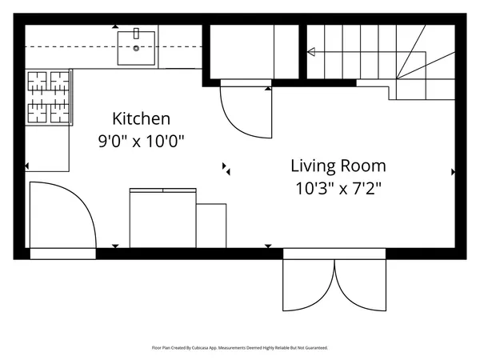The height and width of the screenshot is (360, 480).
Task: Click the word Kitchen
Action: point(141,118)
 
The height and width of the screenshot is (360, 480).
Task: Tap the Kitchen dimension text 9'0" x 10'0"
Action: point(141,141)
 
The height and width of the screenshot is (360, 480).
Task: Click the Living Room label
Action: point(338,166)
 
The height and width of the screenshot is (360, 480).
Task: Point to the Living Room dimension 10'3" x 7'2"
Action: point(338,188)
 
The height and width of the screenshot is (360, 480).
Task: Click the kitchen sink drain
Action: point(136,48)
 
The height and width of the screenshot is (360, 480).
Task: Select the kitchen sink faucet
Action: point(136,34)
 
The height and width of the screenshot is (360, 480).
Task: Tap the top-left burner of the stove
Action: point(38,81)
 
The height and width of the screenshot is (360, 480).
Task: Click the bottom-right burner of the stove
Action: point(60,113)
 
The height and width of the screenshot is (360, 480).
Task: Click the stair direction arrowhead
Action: point(311,52)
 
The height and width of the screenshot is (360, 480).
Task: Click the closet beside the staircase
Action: point(254,51)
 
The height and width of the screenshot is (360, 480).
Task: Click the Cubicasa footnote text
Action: point(240,348)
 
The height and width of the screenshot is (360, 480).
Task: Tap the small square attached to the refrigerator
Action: point(211,226)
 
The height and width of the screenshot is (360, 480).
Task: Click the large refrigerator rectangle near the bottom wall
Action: point(163,218)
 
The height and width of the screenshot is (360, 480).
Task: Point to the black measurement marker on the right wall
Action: point(454,172)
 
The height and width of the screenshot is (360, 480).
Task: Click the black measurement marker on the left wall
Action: point(26,166)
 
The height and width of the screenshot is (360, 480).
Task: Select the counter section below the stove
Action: point(47,149)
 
